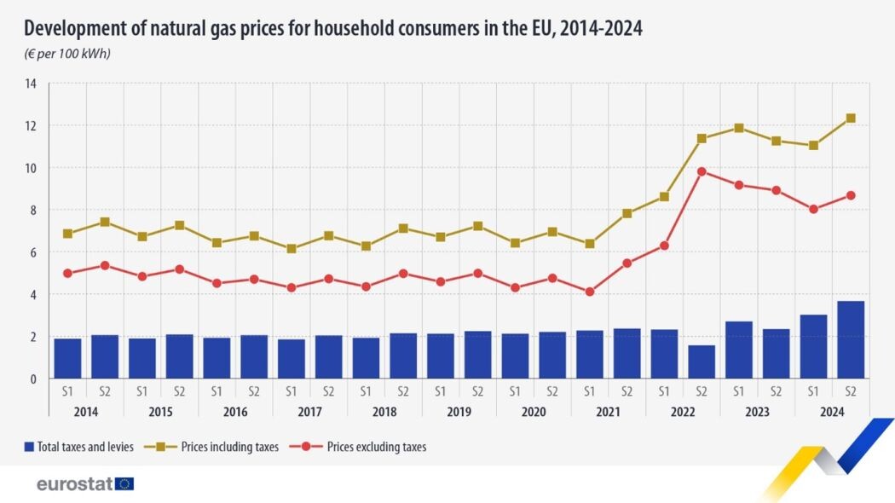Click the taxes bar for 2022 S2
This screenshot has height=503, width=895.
701,361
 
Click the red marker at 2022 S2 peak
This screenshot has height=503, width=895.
701,171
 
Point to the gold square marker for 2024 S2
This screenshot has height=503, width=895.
850,119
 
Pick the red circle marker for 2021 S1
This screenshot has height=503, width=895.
589,292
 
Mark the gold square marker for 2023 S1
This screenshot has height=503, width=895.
738,128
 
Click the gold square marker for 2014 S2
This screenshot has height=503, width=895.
105,222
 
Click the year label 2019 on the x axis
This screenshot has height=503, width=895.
459,412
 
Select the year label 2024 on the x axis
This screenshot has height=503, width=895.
831,412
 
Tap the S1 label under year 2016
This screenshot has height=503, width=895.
217,391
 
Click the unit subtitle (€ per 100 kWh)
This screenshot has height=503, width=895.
67,54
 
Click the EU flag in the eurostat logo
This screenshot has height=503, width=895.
124,483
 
